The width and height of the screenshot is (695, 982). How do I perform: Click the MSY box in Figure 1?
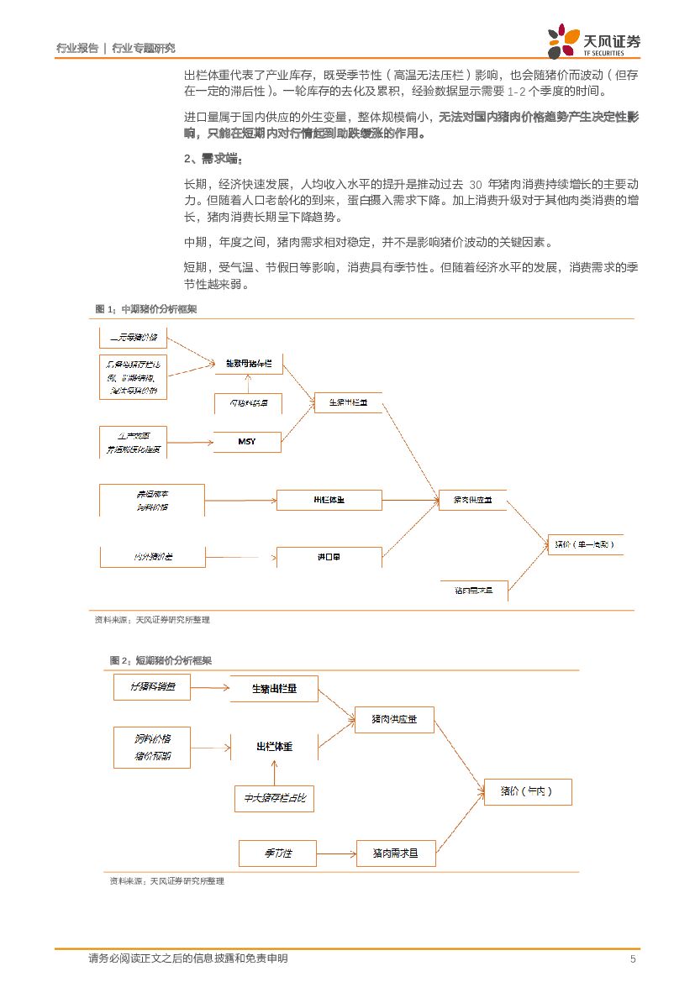coord(247,441)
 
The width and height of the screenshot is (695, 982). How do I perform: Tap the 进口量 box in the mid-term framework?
coord(329,557)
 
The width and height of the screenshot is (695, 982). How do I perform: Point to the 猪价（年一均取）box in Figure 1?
coord(586,544)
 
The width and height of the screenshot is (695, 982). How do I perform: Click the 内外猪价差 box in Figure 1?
coord(151,557)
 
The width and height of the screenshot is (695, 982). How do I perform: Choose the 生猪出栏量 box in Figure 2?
coord(274,690)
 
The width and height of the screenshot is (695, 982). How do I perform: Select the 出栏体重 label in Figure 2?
coord(274,746)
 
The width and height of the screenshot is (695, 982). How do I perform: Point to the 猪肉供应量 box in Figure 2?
coord(394,720)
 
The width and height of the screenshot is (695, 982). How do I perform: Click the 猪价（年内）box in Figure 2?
coord(528,792)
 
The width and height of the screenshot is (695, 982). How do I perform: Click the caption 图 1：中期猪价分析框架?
coord(146,309)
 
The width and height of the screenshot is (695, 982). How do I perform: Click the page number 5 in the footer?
coord(633,959)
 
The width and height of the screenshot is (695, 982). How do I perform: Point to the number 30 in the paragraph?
coord(476,184)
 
